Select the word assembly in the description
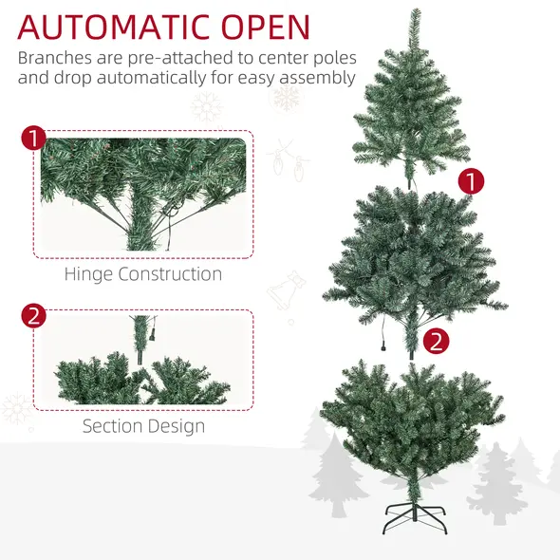(314, 78)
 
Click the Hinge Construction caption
(143, 274)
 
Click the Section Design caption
(143, 425)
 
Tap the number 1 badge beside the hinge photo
(33, 140)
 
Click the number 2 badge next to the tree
(435, 339)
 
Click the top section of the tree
(413, 114)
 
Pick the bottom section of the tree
(413, 418)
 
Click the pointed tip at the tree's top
(415, 15)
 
